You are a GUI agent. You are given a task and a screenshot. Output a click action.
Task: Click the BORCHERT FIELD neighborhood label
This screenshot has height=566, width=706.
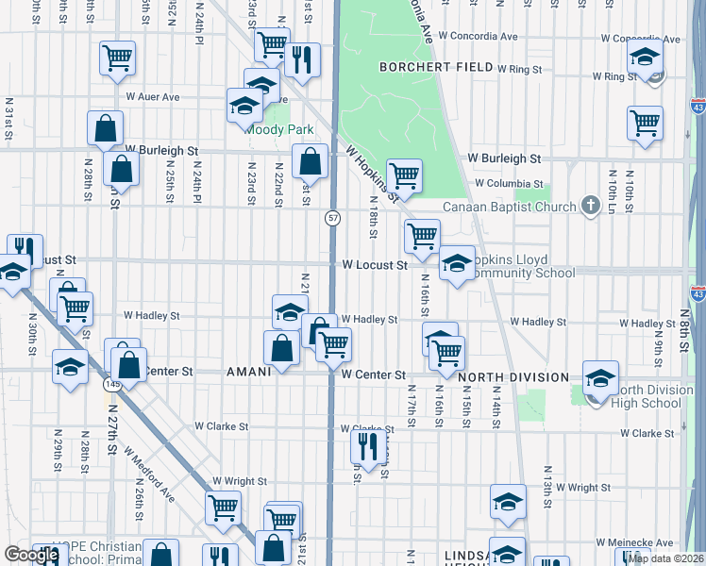[x=436, y=67]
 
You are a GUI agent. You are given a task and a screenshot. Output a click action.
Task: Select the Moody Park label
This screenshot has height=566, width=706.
[x=279, y=129]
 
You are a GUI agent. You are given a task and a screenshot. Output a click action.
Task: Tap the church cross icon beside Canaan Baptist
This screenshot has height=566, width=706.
[x=590, y=205]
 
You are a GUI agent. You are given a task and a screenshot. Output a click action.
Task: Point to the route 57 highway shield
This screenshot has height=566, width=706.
[x=333, y=218]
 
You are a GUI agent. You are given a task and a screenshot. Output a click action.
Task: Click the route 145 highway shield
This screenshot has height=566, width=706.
[x=109, y=385]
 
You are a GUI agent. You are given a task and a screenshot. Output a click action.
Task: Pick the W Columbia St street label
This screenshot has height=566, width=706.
[x=509, y=183]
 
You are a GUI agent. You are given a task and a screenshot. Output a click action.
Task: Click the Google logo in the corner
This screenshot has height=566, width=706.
[x=31, y=555]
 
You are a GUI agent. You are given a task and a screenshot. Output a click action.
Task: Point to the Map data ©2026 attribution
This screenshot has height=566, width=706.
[x=665, y=558]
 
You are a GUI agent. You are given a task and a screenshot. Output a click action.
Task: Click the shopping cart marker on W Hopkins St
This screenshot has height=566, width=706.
[x=403, y=175]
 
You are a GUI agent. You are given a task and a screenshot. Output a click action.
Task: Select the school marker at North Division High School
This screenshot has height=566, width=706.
[x=600, y=378]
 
